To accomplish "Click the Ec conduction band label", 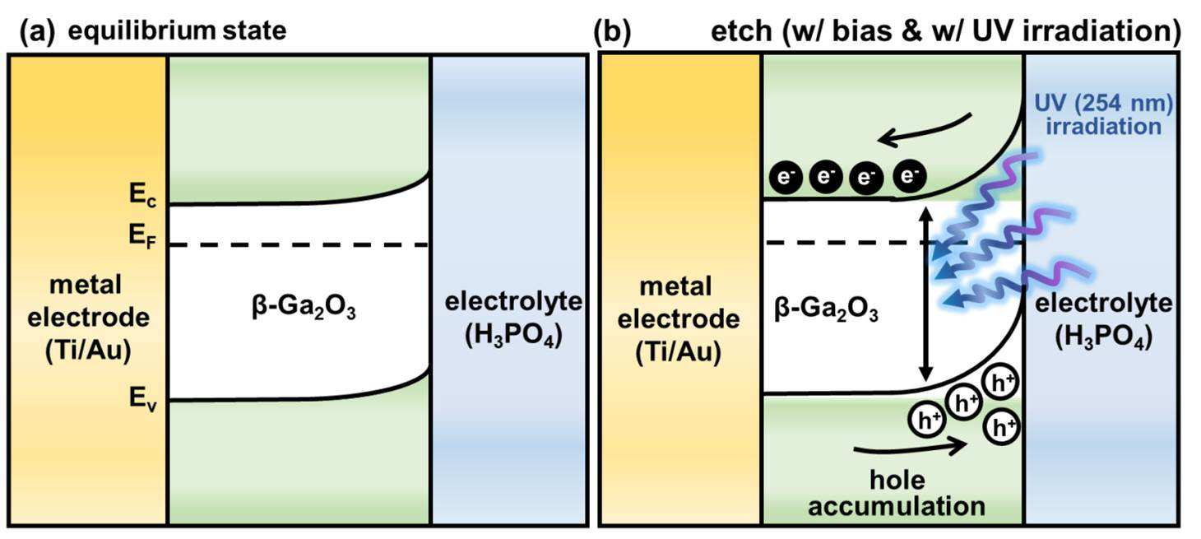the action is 143,194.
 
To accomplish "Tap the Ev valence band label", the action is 143,399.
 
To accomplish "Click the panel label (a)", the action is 37,31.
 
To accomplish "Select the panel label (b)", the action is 612,31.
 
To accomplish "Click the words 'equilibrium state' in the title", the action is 177,31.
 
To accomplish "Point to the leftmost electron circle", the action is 786,177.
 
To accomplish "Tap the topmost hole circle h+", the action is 1000,383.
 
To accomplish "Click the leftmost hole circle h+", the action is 927,420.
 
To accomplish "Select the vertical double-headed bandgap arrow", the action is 925,294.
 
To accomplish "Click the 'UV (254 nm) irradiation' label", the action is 1103,114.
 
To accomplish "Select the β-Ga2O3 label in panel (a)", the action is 304,309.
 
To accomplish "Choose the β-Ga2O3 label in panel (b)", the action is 826,310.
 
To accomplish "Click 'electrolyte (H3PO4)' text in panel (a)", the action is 513,319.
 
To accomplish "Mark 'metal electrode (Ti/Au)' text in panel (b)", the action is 679,320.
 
